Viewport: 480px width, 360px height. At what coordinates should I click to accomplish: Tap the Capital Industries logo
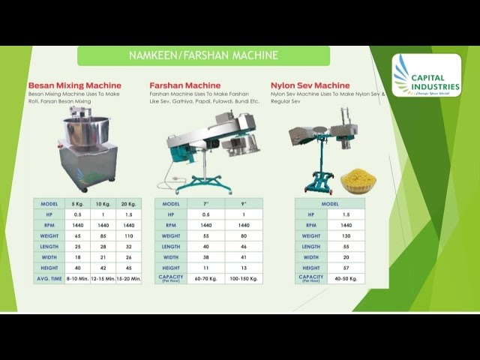426,75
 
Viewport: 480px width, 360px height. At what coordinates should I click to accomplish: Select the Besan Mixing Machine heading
74,85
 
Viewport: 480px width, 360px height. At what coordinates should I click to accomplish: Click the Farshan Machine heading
184,85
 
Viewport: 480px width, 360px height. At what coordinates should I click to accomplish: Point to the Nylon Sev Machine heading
310,85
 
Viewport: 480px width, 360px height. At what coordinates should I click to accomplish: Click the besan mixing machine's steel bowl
85,130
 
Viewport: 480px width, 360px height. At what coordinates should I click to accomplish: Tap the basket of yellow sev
358,181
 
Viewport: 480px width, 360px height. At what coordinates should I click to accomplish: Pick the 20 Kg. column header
128,203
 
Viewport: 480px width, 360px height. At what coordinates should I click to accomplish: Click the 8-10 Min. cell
78,278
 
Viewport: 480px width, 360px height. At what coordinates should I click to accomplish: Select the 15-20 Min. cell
128,278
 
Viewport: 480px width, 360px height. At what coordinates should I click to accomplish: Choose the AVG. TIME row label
49,278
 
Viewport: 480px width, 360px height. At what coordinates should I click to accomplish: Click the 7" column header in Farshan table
206,203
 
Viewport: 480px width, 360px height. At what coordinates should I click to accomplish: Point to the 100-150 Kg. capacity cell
244,278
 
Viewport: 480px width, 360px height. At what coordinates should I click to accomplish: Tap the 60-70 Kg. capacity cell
206,278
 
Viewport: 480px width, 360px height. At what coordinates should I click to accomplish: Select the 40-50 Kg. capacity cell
346,278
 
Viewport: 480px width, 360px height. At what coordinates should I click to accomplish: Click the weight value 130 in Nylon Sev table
346,235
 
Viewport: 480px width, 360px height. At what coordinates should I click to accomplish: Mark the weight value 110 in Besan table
128,235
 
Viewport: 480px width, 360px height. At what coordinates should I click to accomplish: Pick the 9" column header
244,203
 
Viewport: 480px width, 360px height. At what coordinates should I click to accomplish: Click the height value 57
346,268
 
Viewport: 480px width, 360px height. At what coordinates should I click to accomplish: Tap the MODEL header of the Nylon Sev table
330,203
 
